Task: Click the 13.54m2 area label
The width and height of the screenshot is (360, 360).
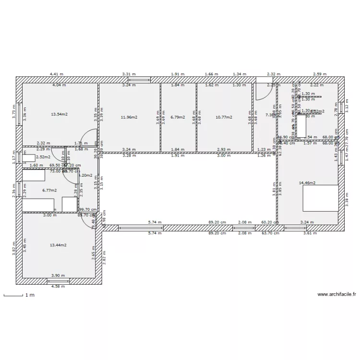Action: click(59, 114)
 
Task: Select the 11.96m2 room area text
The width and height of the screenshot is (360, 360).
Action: click(129, 117)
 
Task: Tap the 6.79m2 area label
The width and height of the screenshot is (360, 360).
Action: click(178, 117)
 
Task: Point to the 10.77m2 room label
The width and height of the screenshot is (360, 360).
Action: click(224, 117)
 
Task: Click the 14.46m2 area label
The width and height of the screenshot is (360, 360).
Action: click(307, 183)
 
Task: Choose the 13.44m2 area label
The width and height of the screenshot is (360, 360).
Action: click(58, 245)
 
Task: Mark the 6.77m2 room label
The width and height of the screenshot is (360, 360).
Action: click(49, 190)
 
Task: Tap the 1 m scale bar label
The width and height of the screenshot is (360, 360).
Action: click(30, 295)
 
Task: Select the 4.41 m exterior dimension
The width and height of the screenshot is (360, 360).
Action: click(57, 74)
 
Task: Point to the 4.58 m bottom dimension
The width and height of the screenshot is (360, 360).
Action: click(58, 287)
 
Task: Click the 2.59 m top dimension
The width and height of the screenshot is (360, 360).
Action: click(320, 74)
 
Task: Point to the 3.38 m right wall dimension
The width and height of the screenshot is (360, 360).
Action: click(347, 198)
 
